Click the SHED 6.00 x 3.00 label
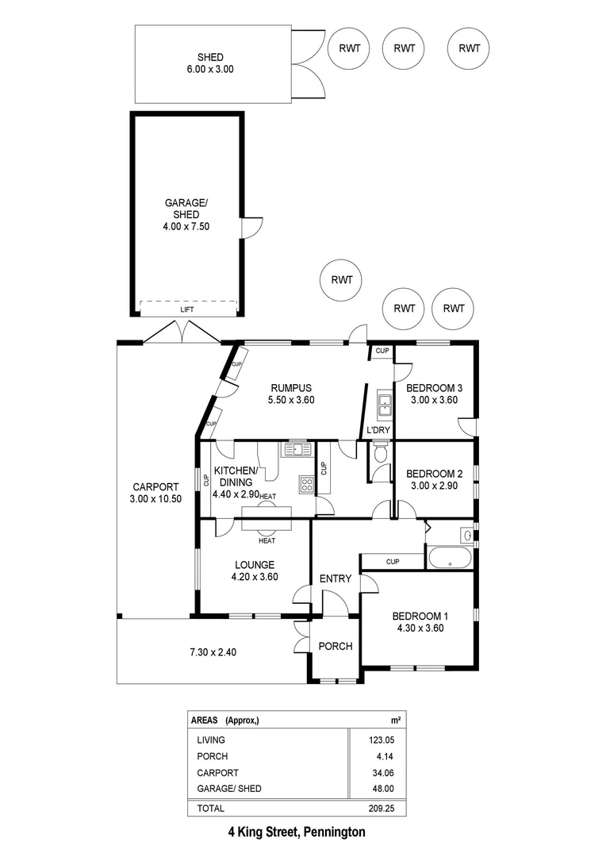(x=210, y=63)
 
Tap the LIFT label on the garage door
(x=187, y=309)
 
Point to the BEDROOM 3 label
(x=434, y=394)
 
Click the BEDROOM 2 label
(x=434, y=478)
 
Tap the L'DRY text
(x=377, y=431)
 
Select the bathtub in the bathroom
(x=449, y=556)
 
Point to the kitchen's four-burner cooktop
(x=306, y=485)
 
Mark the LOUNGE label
(x=254, y=571)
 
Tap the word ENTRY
(x=335, y=578)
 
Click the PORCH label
(x=335, y=646)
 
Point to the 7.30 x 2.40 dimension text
(x=213, y=652)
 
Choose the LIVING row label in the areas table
(x=210, y=740)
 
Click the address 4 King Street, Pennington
(x=297, y=832)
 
